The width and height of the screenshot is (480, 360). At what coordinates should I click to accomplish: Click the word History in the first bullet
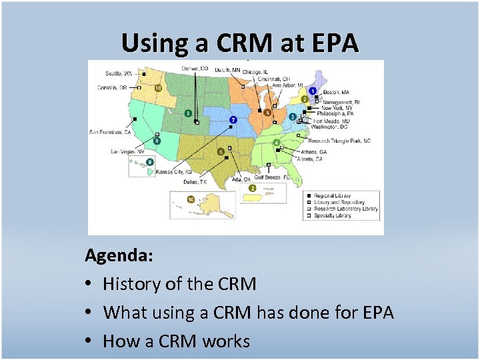pyautogui.click(x=133, y=284)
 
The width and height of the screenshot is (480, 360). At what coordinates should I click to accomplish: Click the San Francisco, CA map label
pyautogui.click(x=110, y=132)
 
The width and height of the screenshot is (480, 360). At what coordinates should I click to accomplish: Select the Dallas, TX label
pyautogui.click(x=195, y=181)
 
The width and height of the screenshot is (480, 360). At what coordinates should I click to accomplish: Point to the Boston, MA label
pyautogui.click(x=337, y=92)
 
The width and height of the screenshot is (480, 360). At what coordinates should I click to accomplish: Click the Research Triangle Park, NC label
pyautogui.click(x=340, y=141)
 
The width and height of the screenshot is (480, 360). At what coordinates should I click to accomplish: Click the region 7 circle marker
pyautogui.click(x=233, y=120)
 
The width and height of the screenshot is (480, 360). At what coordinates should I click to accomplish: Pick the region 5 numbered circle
pyautogui.click(x=267, y=113)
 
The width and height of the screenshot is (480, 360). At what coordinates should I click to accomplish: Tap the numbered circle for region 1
pyautogui.click(x=313, y=91)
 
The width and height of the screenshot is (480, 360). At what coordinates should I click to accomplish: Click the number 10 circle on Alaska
pyautogui.click(x=191, y=199)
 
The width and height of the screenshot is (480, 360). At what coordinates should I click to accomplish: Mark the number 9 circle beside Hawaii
pyautogui.click(x=151, y=162)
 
